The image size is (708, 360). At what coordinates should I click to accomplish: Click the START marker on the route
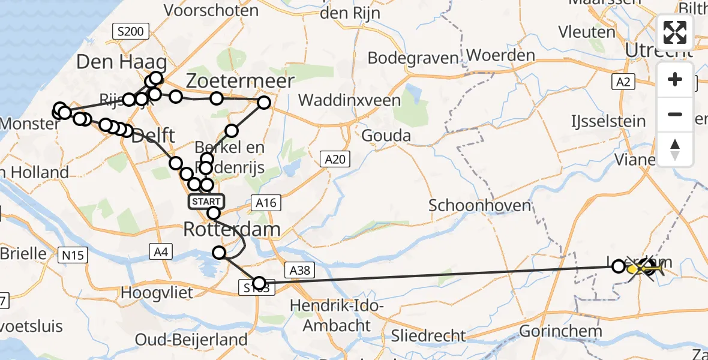[x=207, y=201]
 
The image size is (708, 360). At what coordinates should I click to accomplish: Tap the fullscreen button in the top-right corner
[x=675, y=32]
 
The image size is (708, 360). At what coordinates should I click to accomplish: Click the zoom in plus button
[x=675, y=80]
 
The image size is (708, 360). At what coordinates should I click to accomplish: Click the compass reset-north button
[x=675, y=149]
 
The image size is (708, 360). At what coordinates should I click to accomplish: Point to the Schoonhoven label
[x=480, y=205]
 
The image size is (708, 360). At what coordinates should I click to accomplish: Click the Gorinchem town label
[x=560, y=331]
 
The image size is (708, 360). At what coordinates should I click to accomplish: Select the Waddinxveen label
[x=350, y=100]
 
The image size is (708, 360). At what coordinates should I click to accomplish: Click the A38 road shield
[x=299, y=271]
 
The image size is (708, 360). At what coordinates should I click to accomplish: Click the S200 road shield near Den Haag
[x=130, y=32]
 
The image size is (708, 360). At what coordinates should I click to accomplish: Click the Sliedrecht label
[x=428, y=335]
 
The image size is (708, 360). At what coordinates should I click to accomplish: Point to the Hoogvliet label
[x=157, y=292]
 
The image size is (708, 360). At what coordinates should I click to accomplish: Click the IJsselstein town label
[x=608, y=121]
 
